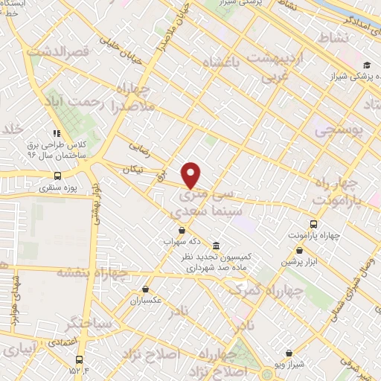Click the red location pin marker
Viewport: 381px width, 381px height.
point(191,176)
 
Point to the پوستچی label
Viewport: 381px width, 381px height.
point(338,131)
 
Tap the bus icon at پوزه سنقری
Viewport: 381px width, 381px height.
point(57,176)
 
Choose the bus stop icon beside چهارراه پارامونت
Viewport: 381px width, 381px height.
point(315,223)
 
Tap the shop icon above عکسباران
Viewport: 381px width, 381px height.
point(147,289)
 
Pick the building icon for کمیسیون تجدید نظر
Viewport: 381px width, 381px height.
point(215,246)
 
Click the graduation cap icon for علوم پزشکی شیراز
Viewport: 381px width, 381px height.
point(366,66)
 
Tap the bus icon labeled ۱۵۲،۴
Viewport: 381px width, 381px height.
point(79,358)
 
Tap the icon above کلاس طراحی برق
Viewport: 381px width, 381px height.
point(57,134)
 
